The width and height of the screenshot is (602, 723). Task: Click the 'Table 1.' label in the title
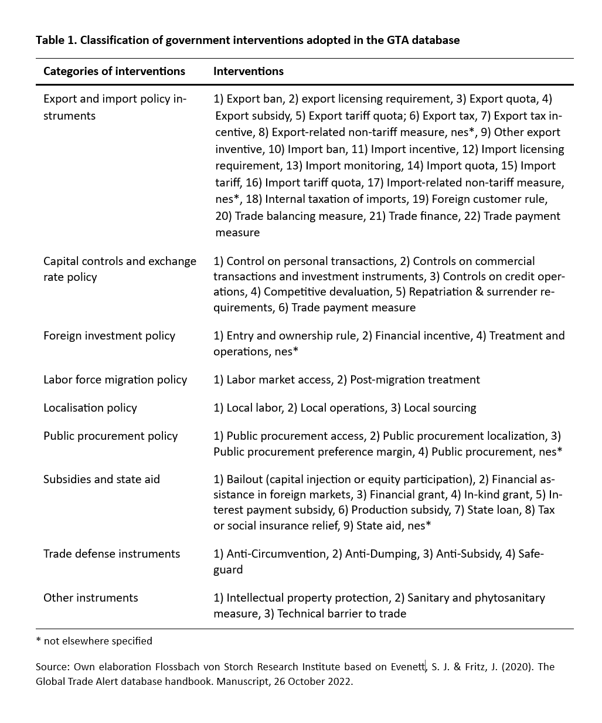coord(56,40)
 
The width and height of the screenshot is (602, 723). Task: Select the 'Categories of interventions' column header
coord(114,72)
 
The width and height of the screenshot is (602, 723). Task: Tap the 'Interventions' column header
coord(248,72)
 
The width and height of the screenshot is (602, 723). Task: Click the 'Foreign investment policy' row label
coord(109,336)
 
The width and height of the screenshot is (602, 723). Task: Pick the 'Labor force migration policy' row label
coord(115,380)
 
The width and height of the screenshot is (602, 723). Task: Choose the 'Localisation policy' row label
coord(90,408)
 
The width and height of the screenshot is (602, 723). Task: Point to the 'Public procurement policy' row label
coord(110,436)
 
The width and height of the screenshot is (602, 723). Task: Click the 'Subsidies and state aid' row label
coord(101,480)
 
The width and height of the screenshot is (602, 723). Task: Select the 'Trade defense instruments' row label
coord(111,554)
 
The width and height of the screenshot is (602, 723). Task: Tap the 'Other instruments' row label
coord(90,598)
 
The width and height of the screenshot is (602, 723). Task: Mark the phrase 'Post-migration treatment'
coord(414,380)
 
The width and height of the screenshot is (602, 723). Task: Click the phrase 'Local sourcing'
coord(440,408)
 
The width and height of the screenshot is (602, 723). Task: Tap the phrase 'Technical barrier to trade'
coord(341,614)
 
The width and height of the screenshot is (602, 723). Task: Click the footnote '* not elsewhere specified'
coord(94,641)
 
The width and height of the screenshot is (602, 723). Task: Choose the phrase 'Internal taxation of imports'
coord(336,199)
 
